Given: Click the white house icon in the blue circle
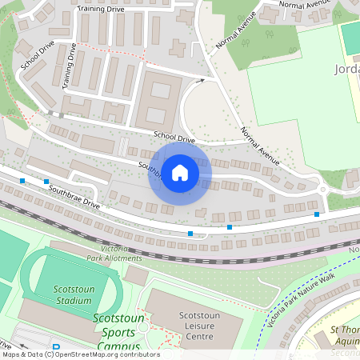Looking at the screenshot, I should click(x=180, y=172).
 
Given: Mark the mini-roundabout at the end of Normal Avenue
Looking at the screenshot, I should click(x=322, y=190).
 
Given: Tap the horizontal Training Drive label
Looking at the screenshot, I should click(x=101, y=8).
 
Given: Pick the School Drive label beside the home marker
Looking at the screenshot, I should click(x=174, y=138).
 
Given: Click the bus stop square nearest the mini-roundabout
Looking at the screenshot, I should click(x=317, y=214).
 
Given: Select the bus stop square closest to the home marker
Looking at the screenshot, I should click(x=190, y=233).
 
